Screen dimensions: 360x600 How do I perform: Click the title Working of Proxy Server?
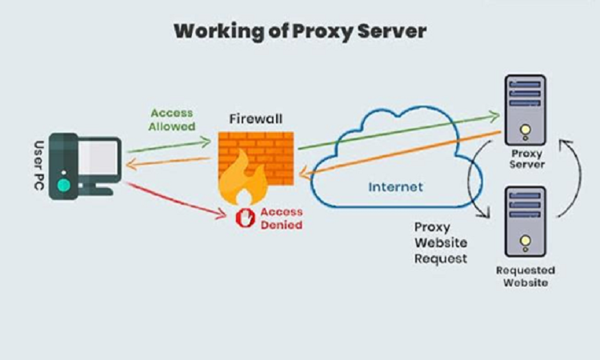(x=300, y=32)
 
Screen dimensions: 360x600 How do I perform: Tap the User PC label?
(x=37, y=166)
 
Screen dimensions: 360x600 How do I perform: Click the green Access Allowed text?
(x=172, y=120)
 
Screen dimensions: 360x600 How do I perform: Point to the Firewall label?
(x=255, y=118)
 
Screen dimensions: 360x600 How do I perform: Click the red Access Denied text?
(x=279, y=218)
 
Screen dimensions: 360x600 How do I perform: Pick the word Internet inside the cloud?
(x=395, y=187)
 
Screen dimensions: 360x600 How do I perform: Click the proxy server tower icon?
(x=525, y=108)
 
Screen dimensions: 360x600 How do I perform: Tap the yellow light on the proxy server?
(x=525, y=130)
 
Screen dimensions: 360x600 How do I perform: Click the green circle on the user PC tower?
(x=63, y=187)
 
